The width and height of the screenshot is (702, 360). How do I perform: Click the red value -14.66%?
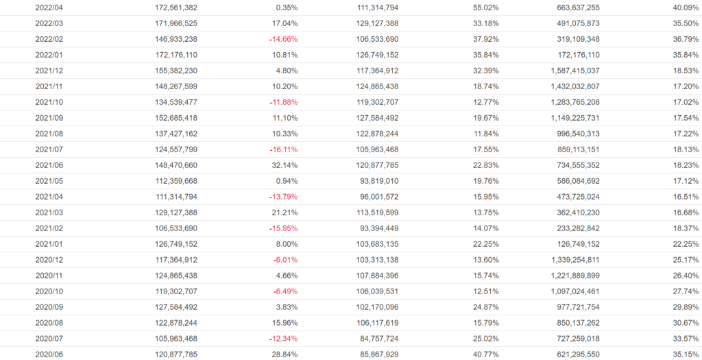(284, 39)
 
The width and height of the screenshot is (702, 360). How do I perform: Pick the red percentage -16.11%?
(284, 149)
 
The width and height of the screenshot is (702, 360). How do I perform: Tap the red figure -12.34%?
(284, 339)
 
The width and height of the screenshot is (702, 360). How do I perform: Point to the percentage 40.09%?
(686, 8)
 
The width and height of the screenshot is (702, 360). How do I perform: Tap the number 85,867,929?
(373, 355)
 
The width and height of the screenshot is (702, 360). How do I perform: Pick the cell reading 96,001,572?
(373, 197)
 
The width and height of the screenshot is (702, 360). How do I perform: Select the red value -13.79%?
(284, 197)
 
